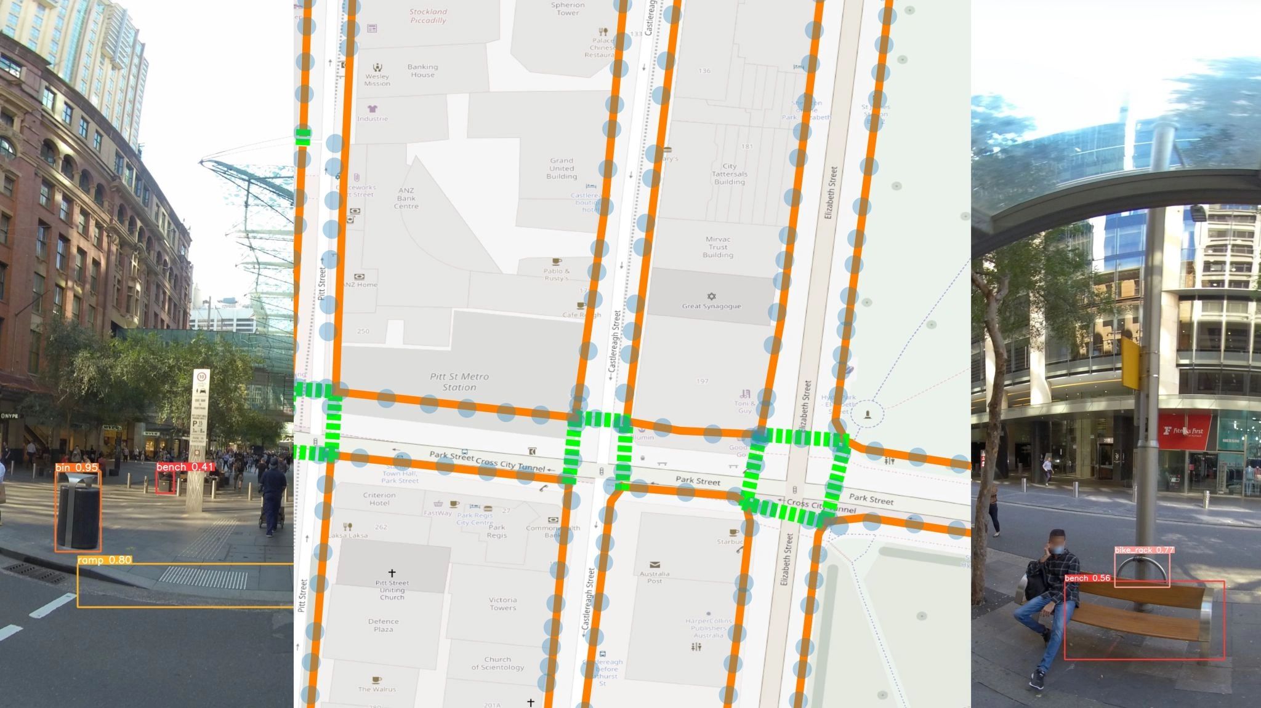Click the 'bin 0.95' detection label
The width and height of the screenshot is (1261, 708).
77,468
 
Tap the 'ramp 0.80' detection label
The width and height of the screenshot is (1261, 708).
104,560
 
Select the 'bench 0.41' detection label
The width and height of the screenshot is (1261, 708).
185,467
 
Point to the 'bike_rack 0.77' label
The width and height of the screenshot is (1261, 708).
1144,550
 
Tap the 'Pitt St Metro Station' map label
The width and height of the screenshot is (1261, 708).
459,382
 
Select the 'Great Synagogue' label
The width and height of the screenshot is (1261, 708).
711,306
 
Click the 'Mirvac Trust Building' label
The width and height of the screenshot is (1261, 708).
718,247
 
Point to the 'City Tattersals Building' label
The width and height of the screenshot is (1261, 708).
730,174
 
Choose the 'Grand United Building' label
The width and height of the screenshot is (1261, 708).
562,169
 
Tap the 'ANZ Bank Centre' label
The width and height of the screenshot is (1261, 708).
406,198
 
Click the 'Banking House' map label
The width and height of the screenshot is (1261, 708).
422,71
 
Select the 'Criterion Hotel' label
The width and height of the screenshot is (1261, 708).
379,499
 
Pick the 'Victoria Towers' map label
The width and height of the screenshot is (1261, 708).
502,603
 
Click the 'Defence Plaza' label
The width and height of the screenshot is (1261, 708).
383,625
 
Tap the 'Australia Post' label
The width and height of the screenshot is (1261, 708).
655,578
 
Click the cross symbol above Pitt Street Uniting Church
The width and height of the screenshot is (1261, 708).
392,573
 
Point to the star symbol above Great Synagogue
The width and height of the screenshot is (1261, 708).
712,296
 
